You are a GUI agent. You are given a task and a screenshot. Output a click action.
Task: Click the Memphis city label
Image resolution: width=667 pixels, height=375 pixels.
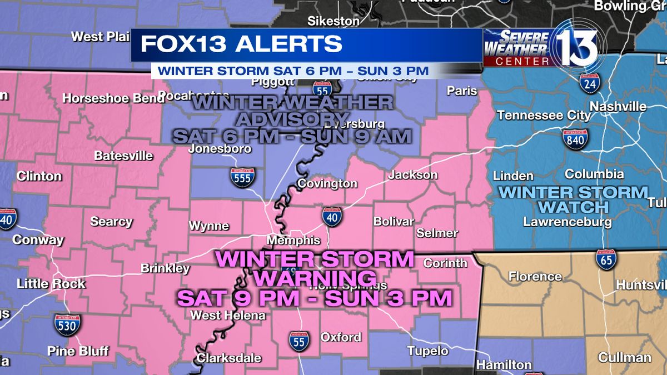(x=293, y=240)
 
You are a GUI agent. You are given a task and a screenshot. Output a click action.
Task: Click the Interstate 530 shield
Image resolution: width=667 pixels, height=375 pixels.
(x=68, y=324)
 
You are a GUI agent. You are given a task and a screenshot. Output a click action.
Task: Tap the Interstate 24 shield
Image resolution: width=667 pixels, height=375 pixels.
(x=589, y=83)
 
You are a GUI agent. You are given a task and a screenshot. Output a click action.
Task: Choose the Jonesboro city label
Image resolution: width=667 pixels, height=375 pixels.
(x=220, y=148)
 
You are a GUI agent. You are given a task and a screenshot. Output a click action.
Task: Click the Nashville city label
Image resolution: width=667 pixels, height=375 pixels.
(x=618, y=106)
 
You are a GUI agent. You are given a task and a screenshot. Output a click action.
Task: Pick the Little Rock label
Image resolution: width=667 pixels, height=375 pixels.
(x=51, y=283)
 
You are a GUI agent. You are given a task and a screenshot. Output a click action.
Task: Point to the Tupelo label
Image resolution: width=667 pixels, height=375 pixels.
(x=427, y=351)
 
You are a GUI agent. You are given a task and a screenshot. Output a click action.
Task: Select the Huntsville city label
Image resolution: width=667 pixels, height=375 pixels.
(x=641, y=285)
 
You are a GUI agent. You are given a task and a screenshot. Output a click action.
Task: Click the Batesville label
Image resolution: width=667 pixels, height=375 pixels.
(x=123, y=156)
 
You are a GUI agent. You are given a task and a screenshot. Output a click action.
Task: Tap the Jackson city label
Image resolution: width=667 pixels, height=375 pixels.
(x=412, y=174)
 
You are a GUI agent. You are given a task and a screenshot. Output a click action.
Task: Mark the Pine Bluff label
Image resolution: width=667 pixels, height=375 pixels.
(x=78, y=351)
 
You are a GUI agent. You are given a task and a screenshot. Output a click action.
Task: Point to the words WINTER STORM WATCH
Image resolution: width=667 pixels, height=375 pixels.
(x=573, y=200)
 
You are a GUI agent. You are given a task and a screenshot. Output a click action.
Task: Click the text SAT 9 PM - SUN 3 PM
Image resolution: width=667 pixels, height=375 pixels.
(x=314, y=298)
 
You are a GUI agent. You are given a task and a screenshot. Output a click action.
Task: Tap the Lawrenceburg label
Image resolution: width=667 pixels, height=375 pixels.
(x=567, y=222)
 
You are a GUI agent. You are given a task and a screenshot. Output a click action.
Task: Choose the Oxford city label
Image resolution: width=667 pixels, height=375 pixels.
(x=341, y=337)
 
